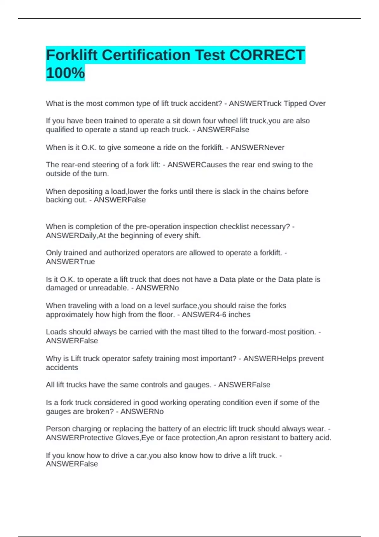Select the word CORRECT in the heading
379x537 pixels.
pos(267,55)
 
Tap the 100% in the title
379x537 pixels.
pos(65,73)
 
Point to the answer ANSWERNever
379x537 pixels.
pos(257,148)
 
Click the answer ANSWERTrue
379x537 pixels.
pos(70,262)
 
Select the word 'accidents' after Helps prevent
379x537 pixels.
pos(62,368)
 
